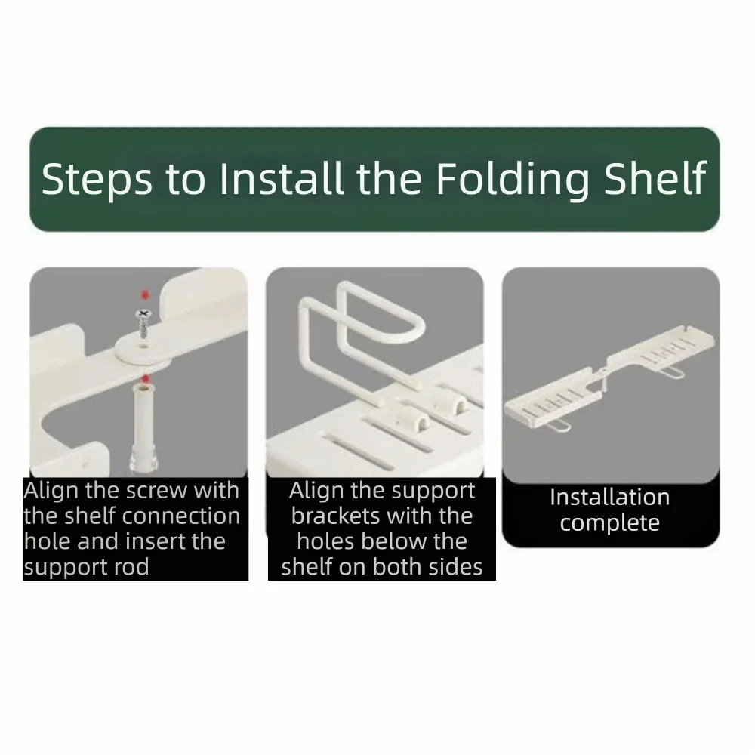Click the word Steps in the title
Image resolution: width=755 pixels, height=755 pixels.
pos(97,179)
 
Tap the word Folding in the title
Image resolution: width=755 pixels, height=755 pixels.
pos(513,179)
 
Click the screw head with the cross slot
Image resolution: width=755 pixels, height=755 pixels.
pos(143,314)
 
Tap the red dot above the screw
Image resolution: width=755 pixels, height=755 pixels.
pos(145,294)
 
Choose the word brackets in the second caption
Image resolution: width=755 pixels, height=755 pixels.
pos(331,516)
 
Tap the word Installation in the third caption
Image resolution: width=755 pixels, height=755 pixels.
pos(609,498)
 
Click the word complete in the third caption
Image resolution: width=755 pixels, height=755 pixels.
pos(609,523)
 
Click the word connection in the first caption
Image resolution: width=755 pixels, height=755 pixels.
pos(192,516)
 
